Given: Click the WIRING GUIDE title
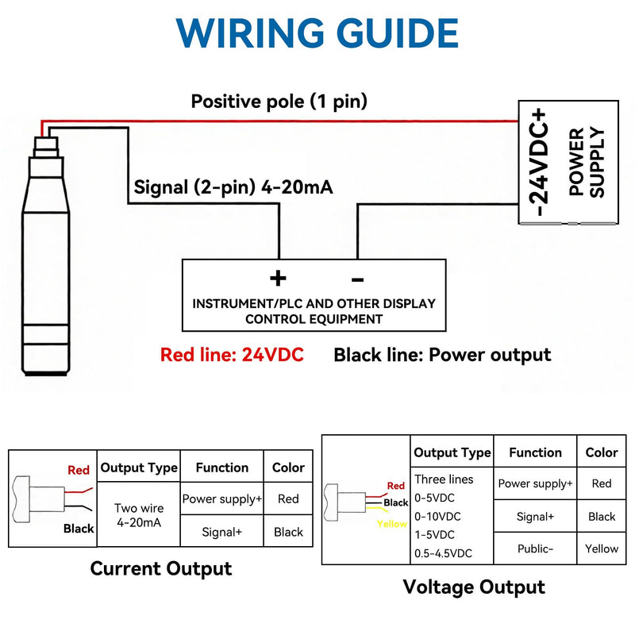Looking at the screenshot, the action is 317,33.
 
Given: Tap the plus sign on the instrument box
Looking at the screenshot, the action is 278,279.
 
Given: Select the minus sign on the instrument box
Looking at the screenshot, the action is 358,279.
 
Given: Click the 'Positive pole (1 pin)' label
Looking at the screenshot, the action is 279,102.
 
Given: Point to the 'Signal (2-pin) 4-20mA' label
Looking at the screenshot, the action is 233,187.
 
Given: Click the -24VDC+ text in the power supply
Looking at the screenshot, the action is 537,162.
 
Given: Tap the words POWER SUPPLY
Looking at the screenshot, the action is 587,162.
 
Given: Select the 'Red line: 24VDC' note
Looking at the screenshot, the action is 232,355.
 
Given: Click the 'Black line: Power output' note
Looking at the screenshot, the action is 442,355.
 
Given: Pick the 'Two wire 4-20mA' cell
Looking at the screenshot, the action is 139,515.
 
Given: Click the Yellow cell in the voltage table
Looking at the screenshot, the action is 602,548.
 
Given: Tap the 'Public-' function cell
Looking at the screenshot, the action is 535,548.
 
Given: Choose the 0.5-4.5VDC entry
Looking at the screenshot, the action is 443,553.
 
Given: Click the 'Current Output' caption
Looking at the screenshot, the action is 161,568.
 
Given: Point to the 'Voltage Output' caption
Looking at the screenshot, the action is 474,587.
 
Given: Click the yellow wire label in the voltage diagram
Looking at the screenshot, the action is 391,524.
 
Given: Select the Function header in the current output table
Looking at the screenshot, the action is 222,468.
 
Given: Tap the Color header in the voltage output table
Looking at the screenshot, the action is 602,452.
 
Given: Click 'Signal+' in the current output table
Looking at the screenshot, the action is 222,532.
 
